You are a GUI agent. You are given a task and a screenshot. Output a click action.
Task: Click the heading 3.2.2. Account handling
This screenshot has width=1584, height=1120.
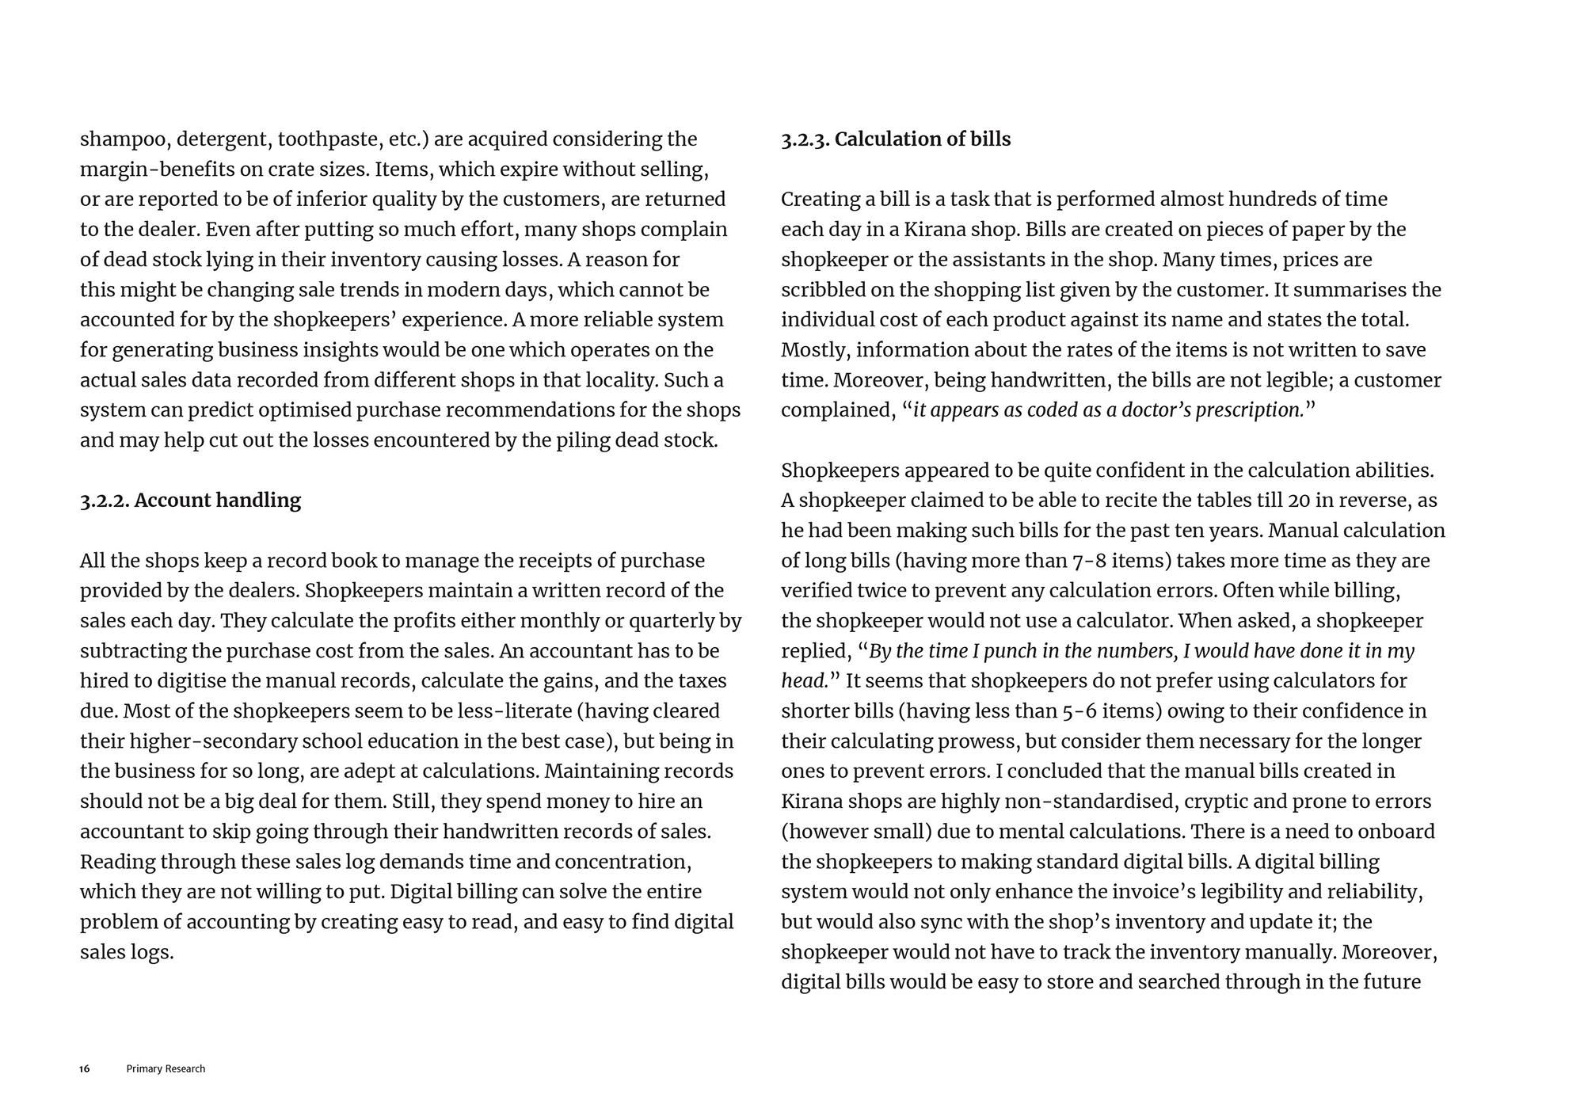(190, 501)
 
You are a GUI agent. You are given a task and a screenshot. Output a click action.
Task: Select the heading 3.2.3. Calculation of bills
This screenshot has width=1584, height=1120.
(896, 139)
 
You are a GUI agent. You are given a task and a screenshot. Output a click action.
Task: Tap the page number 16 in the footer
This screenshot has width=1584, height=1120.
(85, 1069)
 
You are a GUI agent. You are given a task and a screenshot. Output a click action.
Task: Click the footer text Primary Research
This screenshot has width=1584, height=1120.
(166, 1069)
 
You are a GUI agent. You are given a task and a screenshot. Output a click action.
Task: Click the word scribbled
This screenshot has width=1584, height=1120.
(823, 290)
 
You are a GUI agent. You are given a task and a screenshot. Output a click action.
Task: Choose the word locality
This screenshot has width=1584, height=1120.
(615, 380)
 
